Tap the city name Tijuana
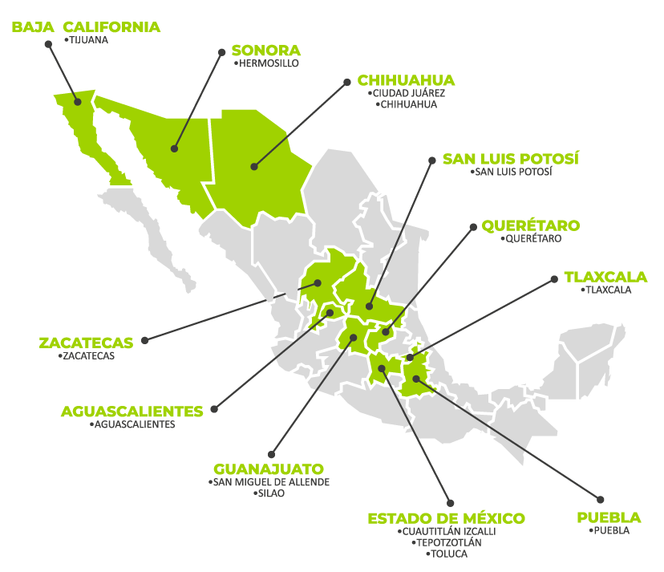88,39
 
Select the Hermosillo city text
268,63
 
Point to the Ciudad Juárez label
408,93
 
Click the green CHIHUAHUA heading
406,80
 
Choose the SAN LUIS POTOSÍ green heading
510,158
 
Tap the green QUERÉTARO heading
530,225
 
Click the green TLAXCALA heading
605,277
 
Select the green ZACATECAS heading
86,343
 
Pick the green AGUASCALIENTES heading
132,412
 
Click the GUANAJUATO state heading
269,469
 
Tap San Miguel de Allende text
270,482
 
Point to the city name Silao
270,494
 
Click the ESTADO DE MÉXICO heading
446,518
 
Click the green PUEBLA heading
609,517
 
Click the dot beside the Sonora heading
222,51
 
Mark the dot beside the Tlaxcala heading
553,279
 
